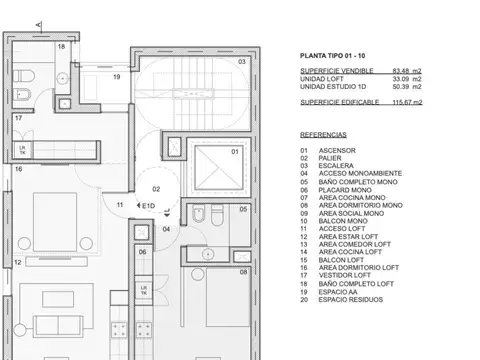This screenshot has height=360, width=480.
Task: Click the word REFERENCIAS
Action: (x=323, y=133)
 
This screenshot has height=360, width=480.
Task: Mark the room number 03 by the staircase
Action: (x=241, y=62)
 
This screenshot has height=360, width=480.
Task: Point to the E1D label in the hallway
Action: (x=148, y=207)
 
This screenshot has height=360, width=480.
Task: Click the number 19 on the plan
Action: (x=116, y=76)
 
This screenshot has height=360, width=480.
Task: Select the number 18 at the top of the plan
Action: (x=61, y=47)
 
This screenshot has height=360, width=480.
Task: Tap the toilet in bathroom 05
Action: (x=200, y=216)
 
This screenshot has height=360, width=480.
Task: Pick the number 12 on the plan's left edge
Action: (x=17, y=262)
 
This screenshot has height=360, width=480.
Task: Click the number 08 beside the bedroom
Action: (x=245, y=271)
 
